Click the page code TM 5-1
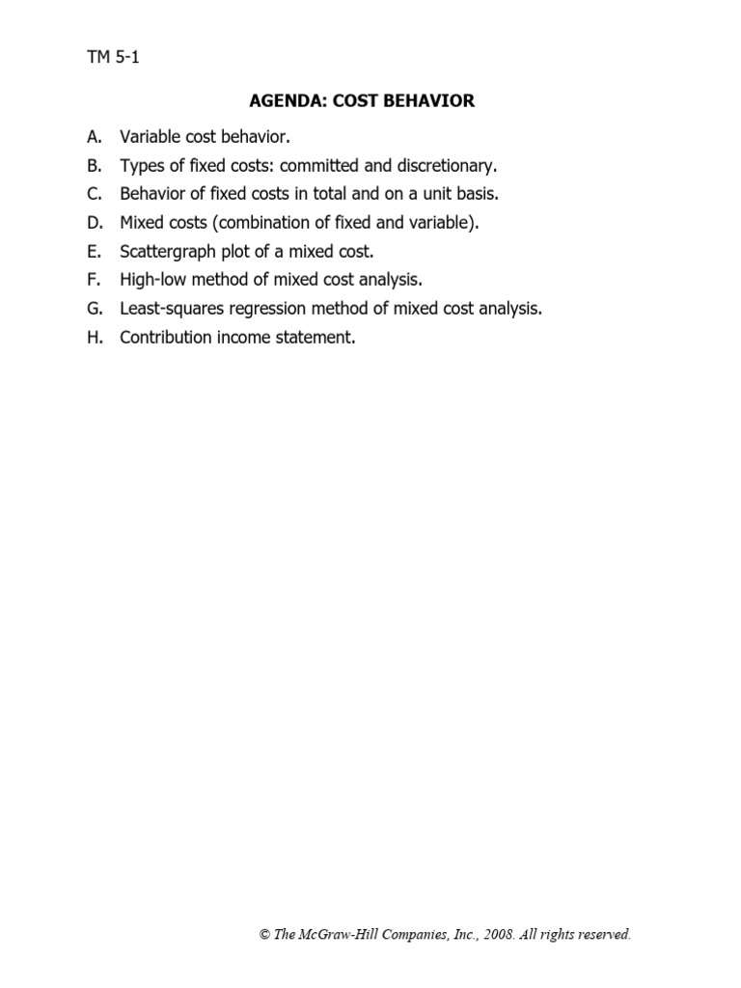114,57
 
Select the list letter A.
93,136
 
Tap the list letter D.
94,223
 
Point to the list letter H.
94,339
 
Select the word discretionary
445,165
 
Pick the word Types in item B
142,165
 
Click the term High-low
152,281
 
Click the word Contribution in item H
168,339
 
